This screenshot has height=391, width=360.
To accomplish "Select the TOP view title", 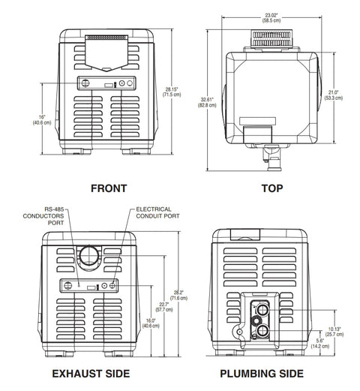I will [273, 188].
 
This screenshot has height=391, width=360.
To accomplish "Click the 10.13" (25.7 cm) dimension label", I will [335, 330].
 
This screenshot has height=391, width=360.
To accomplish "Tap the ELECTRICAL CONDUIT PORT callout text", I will [160, 214].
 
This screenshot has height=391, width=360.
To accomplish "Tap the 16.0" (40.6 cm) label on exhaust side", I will [149, 323].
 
